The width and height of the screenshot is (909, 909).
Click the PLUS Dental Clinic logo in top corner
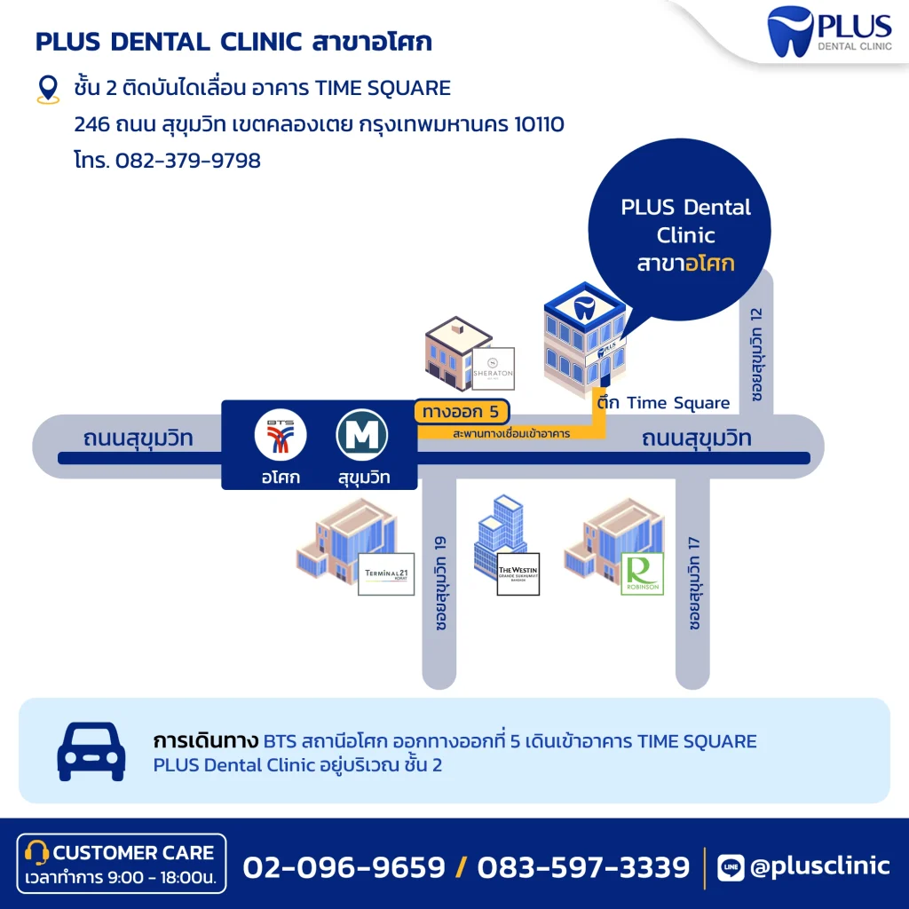pyautogui.click(x=829, y=32)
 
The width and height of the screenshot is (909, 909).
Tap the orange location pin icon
pyautogui.click(x=47, y=90)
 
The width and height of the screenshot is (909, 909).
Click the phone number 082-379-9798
pyautogui.click(x=187, y=161)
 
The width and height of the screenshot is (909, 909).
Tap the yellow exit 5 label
pyautogui.click(x=462, y=412)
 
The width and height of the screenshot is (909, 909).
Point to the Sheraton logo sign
pyautogui.click(x=493, y=368)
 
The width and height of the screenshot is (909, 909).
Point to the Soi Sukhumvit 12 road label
pyautogui.click(x=756, y=356)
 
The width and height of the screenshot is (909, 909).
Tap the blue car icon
pyautogui.click(x=91, y=751)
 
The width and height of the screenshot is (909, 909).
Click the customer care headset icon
pyautogui.click(x=36, y=853)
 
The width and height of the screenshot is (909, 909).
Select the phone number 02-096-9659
pyautogui.click(x=344, y=866)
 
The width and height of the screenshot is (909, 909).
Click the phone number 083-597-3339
pyautogui.click(x=583, y=866)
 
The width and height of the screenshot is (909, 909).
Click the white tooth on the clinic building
pyautogui.click(x=584, y=307)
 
